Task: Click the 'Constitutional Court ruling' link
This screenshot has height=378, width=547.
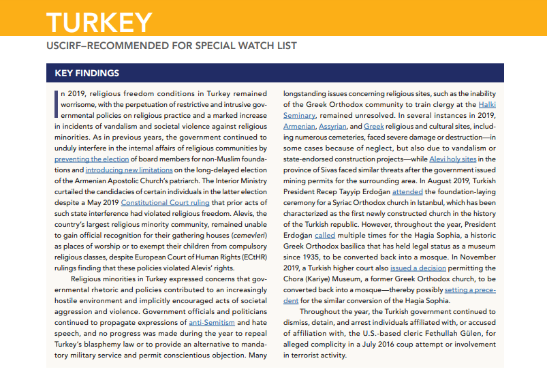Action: tap(164, 202)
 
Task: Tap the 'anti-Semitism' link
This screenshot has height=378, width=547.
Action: tap(212, 321)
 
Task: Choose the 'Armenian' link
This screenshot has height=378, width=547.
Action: tap(299, 126)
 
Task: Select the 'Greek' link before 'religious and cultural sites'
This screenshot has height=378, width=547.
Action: tap(374, 126)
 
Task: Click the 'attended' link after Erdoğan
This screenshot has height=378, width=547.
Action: tap(408, 191)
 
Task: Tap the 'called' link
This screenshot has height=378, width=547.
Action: tap(325, 234)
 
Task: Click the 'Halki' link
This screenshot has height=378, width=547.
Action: tap(487, 104)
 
